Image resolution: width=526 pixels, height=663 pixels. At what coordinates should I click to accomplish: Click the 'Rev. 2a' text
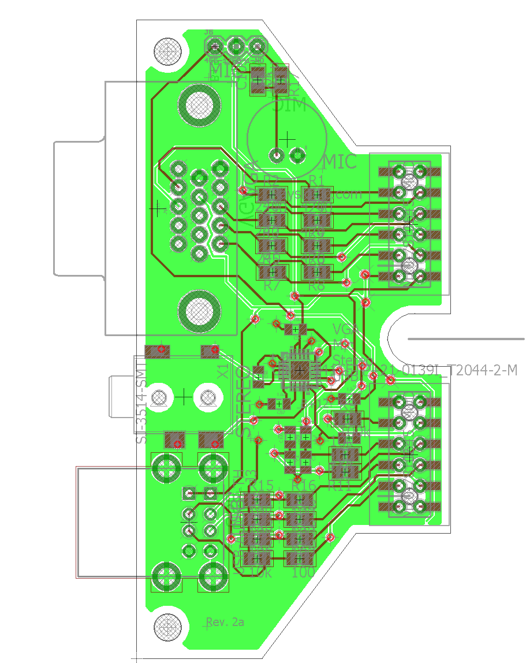pos(225,622)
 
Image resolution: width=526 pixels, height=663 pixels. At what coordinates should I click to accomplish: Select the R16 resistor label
pos(304,485)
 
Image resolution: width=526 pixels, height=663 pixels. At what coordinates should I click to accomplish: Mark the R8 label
pos(316,285)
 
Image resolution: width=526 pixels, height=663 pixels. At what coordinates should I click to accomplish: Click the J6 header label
pos(208,32)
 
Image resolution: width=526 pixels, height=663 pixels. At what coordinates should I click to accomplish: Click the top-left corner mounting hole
pos(169,51)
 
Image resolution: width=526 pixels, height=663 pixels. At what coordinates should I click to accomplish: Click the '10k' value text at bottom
pos(259,573)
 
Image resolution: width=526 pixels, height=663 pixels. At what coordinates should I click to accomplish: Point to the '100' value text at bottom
pos(303,573)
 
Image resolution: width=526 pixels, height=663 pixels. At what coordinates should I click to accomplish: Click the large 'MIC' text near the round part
pos(341,162)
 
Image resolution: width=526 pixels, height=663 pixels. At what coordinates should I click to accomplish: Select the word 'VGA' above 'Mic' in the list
pos(346,330)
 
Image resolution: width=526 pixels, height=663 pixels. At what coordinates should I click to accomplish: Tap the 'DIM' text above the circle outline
pos(289,106)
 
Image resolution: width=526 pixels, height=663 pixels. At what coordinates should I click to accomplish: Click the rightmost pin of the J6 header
pos(258,46)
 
